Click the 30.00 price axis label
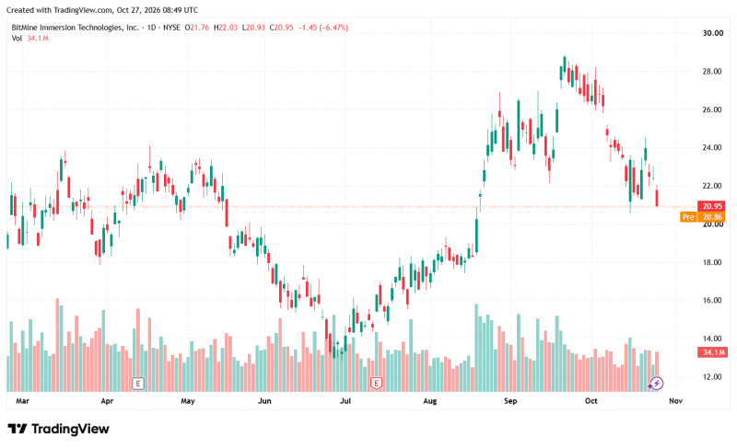pos(712,33)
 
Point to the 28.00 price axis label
pos(711,72)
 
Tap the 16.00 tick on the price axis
pos(711,300)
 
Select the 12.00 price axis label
pos(711,376)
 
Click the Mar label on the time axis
pos(22,401)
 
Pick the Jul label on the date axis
pos(345,401)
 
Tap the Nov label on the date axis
pos(675,401)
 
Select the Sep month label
pos(510,401)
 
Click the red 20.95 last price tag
pos(711,206)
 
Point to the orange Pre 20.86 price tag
pos(702,217)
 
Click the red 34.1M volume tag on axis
pos(712,352)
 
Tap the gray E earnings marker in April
pos(137,384)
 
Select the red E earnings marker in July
pos(376,384)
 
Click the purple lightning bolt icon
pos(657,384)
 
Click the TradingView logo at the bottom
pos(59,429)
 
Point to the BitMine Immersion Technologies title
pos(76,28)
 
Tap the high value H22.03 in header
pos(226,28)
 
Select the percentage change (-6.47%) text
pos(333,28)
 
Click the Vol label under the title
pos(17,39)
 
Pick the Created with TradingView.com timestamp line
pos(102,10)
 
